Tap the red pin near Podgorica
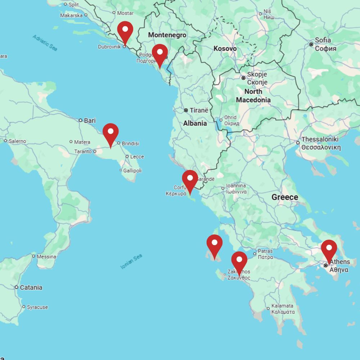point(159,54)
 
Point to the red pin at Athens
point(329,249)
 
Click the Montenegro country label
point(167,35)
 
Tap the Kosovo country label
point(225,48)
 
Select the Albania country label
point(195,123)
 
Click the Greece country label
point(285,197)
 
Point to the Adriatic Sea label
point(45,42)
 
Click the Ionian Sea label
point(131,262)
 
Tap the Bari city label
point(90,120)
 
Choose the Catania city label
point(31,287)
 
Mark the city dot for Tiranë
point(186,110)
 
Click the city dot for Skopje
point(243,78)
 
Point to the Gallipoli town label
point(132,170)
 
